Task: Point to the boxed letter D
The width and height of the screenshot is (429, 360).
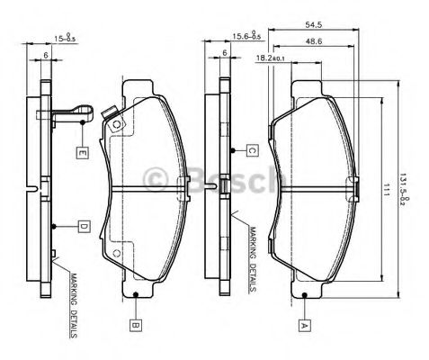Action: (x=82, y=226)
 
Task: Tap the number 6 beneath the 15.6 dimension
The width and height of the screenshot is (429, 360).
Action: (x=222, y=54)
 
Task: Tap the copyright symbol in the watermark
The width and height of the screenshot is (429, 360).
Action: (x=160, y=181)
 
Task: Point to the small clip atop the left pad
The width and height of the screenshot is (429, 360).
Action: (x=111, y=116)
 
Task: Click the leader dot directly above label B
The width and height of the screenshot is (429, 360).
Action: (x=135, y=293)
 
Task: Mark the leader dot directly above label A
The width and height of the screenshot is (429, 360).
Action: (x=304, y=293)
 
